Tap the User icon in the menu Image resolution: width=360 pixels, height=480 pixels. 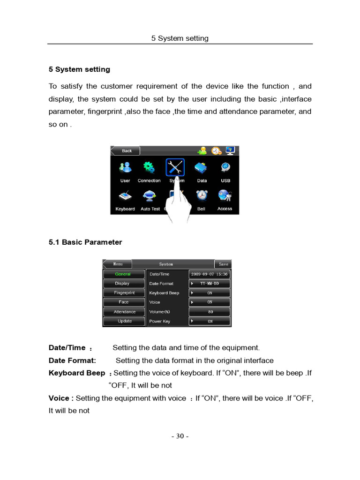point(125,167)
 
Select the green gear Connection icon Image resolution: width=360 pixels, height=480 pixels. point(149,167)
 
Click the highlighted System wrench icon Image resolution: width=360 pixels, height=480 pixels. point(175,167)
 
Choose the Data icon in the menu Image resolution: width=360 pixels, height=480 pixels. point(202,167)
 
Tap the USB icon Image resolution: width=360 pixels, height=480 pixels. point(225,167)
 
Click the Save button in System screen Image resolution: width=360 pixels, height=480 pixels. point(223,264)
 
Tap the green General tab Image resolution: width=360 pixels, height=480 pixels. point(123,274)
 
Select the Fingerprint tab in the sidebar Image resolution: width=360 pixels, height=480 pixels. point(124,293)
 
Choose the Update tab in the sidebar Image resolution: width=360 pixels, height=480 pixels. point(124,321)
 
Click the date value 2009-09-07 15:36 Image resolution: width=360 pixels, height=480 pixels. point(210,274)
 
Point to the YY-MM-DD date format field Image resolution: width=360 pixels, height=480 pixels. point(210,284)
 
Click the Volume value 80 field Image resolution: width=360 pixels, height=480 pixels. point(210,312)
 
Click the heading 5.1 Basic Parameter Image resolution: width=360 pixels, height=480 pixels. point(85,242)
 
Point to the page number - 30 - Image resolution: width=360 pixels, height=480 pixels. point(180,436)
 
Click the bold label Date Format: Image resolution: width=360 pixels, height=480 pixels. point(72,360)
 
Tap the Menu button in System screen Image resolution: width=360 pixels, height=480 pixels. point(118,264)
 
